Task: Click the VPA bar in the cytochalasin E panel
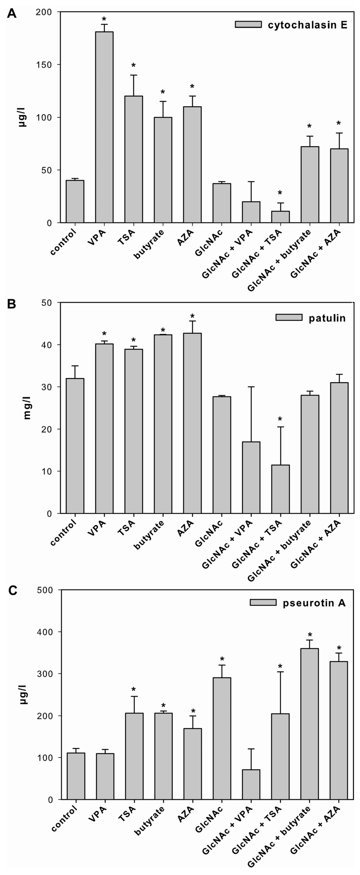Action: (104, 127)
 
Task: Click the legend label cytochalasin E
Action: (307, 26)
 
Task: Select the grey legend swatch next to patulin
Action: (289, 317)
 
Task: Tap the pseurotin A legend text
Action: (314, 603)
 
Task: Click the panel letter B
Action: (12, 303)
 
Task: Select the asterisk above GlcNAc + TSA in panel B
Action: (280, 419)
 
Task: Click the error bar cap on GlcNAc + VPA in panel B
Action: (251, 387)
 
